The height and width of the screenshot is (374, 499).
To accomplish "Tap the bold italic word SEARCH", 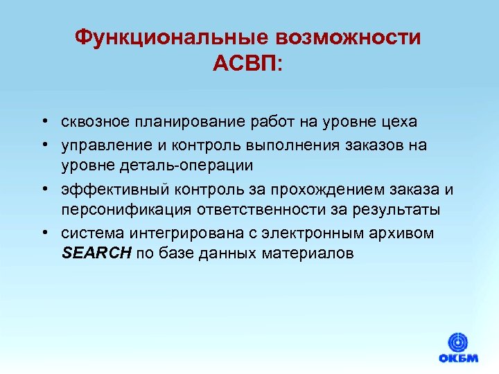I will [96, 253].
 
